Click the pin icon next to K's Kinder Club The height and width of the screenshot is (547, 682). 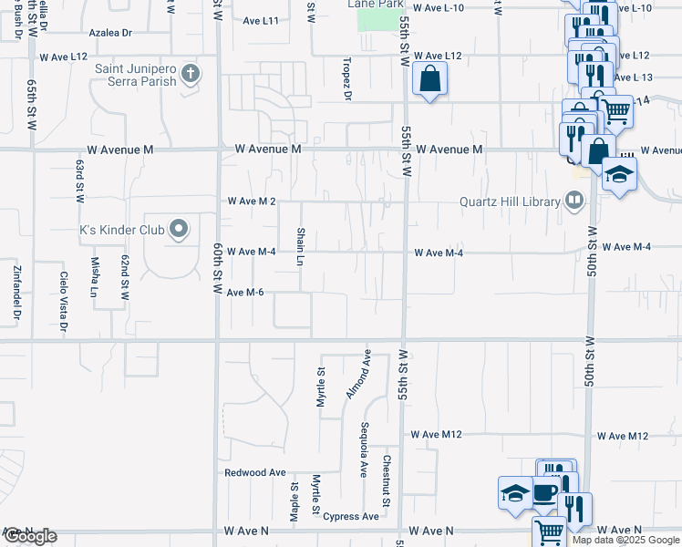tap(179, 230)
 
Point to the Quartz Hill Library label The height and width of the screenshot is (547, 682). tap(509, 201)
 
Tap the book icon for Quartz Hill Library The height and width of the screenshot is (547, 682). tap(573, 200)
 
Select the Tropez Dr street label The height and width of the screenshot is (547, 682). tap(347, 78)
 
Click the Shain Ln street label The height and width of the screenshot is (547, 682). tap(300, 247)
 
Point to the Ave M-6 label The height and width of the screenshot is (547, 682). tap(245, 292)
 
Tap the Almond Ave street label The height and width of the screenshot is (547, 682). tap(357, 375)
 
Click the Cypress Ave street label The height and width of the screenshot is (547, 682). tap(351, 516)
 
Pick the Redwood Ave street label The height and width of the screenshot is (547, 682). tap(255, 473)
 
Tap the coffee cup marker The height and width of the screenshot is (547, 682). tap(545, 493)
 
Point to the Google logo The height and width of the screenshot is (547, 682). tap(29, 536)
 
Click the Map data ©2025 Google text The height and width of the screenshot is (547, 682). tap(626, 540)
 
